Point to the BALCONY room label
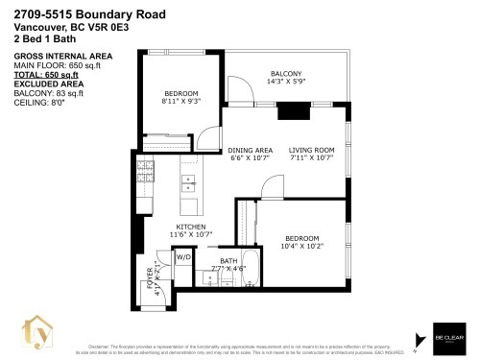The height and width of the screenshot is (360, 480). [x=286, y=74]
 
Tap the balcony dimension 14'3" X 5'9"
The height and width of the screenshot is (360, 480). [x=286, y=83]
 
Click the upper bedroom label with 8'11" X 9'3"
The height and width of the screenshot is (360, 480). [x=180, y=97]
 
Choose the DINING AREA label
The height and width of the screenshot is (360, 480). [x=251, y=150]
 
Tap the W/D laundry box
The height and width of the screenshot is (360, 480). [x=182, y=256]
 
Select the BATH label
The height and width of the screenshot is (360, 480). [x=228, y=260]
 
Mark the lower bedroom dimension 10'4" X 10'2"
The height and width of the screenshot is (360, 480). [x=302, y=247]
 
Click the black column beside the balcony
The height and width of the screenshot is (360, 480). [x=291, y=111]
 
